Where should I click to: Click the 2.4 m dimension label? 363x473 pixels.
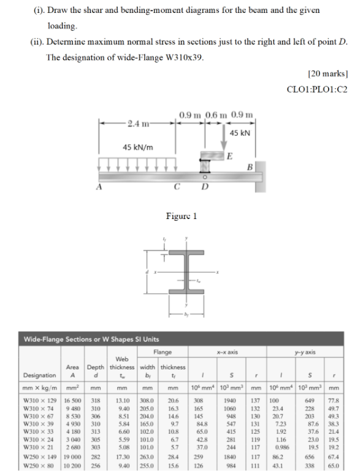(138, 124)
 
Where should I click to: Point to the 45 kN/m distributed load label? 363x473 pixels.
(138, 147)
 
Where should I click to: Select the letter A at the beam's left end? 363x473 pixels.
(99, 187)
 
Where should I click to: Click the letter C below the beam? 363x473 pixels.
(177, 187)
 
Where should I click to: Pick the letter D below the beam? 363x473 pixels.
(205, 187)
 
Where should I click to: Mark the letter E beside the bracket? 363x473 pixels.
(229, 156)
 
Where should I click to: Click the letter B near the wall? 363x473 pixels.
(250, 167)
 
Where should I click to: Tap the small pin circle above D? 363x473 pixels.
(205, 177)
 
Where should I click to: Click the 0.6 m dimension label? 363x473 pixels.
(216, 115)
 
